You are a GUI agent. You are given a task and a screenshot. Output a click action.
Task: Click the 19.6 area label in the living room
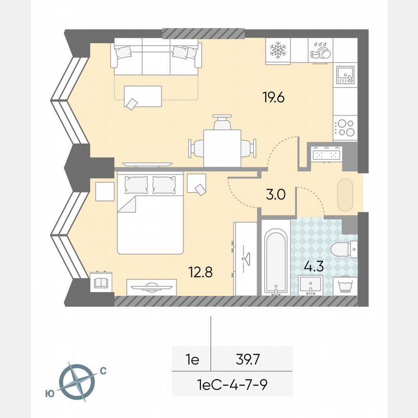click(x=273, y=97)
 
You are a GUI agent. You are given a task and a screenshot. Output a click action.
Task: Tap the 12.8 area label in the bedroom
click(x=201, y=272)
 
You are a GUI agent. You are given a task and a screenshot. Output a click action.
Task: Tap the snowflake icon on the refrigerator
click(x=278, y=49)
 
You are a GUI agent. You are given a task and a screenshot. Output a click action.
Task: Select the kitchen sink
click(x=345, y=75)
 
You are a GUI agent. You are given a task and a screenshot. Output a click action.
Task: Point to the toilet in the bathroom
click(x=344, y=250)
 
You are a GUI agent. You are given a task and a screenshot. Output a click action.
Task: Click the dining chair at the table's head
click(x=222, y=122)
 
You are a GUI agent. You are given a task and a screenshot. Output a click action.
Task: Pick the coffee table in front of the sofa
click(x=143, y=96)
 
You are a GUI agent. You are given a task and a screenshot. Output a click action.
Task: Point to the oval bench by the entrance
click(x=345, y=195)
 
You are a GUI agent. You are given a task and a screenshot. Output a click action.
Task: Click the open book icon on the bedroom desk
click(x=101, y=283)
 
